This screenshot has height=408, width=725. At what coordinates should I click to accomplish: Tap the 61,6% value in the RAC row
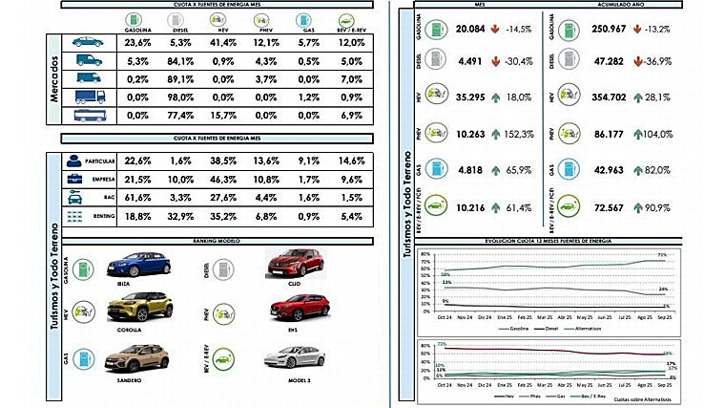[138, 198]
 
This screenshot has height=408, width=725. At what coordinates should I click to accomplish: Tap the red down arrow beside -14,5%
[498, 30]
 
